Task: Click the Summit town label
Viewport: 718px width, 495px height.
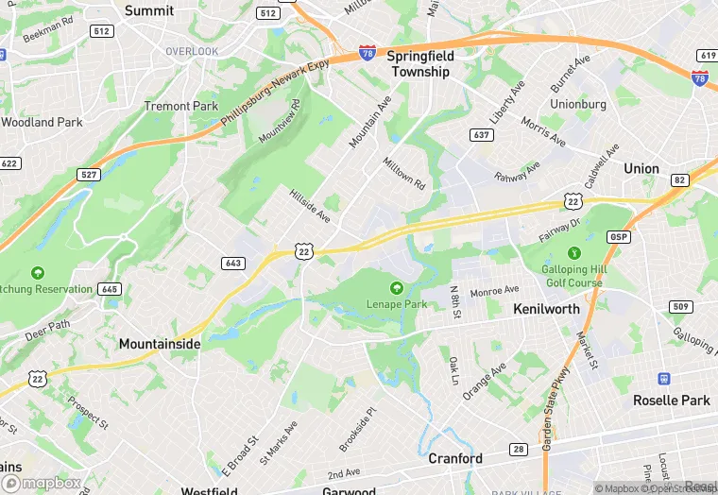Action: click(x=149, y=10)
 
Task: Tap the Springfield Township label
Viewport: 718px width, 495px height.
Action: click(x=419, y=63)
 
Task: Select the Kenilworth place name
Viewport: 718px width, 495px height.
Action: click(x=546, y=309)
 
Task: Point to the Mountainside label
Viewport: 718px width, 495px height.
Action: click(x=159, y=345)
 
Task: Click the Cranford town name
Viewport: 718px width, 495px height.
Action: click(x=455, y=459)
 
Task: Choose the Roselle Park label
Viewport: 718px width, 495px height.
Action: click(x=671, y=401)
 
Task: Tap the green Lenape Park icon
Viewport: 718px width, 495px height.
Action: click(x=397, y=287)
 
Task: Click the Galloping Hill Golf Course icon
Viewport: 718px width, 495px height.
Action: click(x=573, y=253)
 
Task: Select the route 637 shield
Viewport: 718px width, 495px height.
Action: click(x=482, y=136)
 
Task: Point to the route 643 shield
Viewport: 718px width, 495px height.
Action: click(x=234, y=262)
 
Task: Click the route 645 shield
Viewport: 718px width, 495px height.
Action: click(x=110, y=289)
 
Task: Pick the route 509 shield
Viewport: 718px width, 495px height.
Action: click(x=679, y=306)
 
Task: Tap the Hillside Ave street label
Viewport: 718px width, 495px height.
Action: click(x=309, y=204)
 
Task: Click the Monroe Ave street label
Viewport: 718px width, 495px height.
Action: click(x=495, y=290)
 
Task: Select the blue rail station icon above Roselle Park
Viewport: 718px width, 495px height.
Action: click(x=664, y=378)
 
